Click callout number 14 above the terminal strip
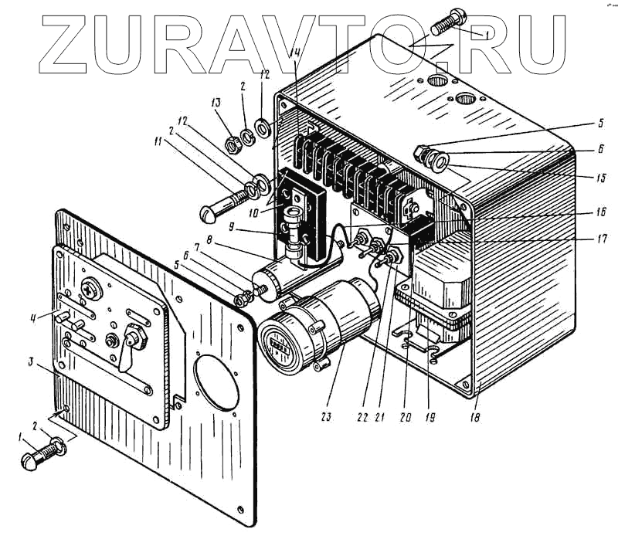pos(295,53)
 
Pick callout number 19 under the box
pos(430,417)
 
